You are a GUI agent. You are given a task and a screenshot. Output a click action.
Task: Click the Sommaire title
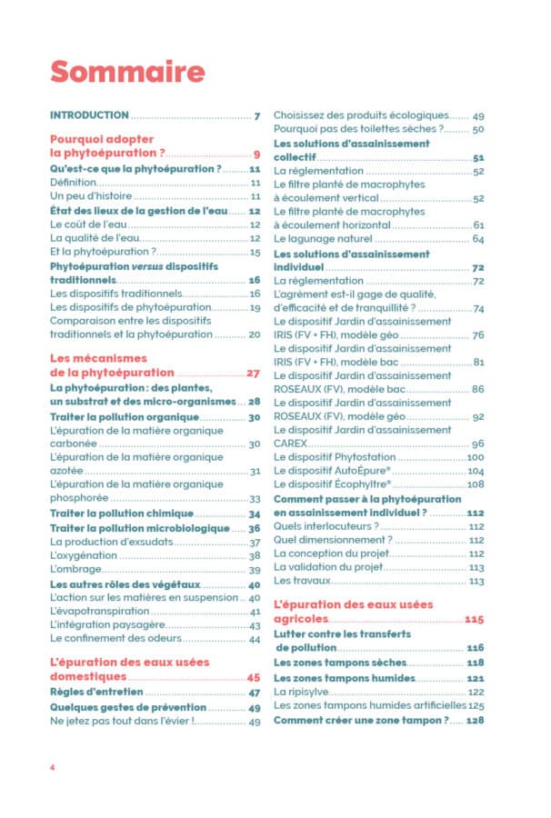pyautogui.click(x=126, y=70)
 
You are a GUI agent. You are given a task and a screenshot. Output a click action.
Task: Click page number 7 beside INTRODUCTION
pyautogui.click(x=258, y=115)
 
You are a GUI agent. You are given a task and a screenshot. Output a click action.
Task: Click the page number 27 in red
pyautogui.click(x=254, y=373)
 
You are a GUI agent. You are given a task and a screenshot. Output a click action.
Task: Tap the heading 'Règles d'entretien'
pyautogui.click(x=105, y=693)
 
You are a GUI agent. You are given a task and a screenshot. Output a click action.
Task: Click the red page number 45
pyautogui.click(x=254, y=678)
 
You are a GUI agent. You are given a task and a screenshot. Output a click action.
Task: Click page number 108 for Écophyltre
pyautogui.click(x=476, y=484)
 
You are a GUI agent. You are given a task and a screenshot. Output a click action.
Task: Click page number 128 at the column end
pyautogui.click(x=475, y=720)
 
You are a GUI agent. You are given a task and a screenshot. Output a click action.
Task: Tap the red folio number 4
pyautogui.click(x=53, y=768)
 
